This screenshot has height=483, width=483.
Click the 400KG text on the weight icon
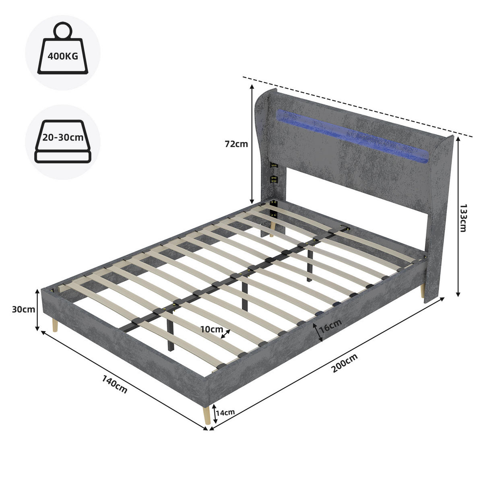tap(63, 56)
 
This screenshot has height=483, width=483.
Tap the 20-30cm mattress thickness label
tap(63, 137)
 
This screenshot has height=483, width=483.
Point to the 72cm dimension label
tap(236, 144)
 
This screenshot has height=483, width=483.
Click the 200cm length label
tap(345, 364)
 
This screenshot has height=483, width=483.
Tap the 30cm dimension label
tap(24, 310)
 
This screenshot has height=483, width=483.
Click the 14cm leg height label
tap(225, 412)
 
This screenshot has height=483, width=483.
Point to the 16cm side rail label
tap(330, 326)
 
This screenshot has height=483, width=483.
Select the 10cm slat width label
tap(212, 329)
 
